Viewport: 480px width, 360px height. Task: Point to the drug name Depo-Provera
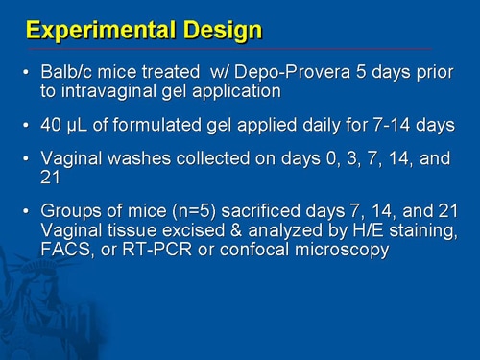(276, 74)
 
